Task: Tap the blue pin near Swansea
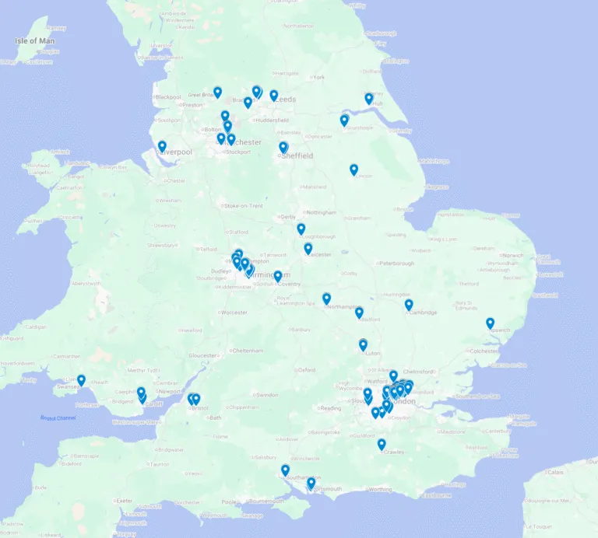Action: tap(81, 380)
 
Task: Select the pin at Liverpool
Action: tap(162, 145)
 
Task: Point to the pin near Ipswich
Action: tap(490, 323)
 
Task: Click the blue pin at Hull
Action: tap(369, 98)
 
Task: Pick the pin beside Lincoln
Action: tap(354, 169)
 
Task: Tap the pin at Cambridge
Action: tap(409, 305)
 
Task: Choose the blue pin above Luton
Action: tap(363, 344)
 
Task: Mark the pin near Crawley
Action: tap(382, 444)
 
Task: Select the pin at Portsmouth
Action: tap(311, 483)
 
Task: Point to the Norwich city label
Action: tap(512, 255)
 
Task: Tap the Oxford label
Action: tap(307, 370)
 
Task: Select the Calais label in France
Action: tap(554, 472)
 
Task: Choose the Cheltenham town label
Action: tap(246, 351)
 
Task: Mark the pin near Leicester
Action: tap(308, 248)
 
